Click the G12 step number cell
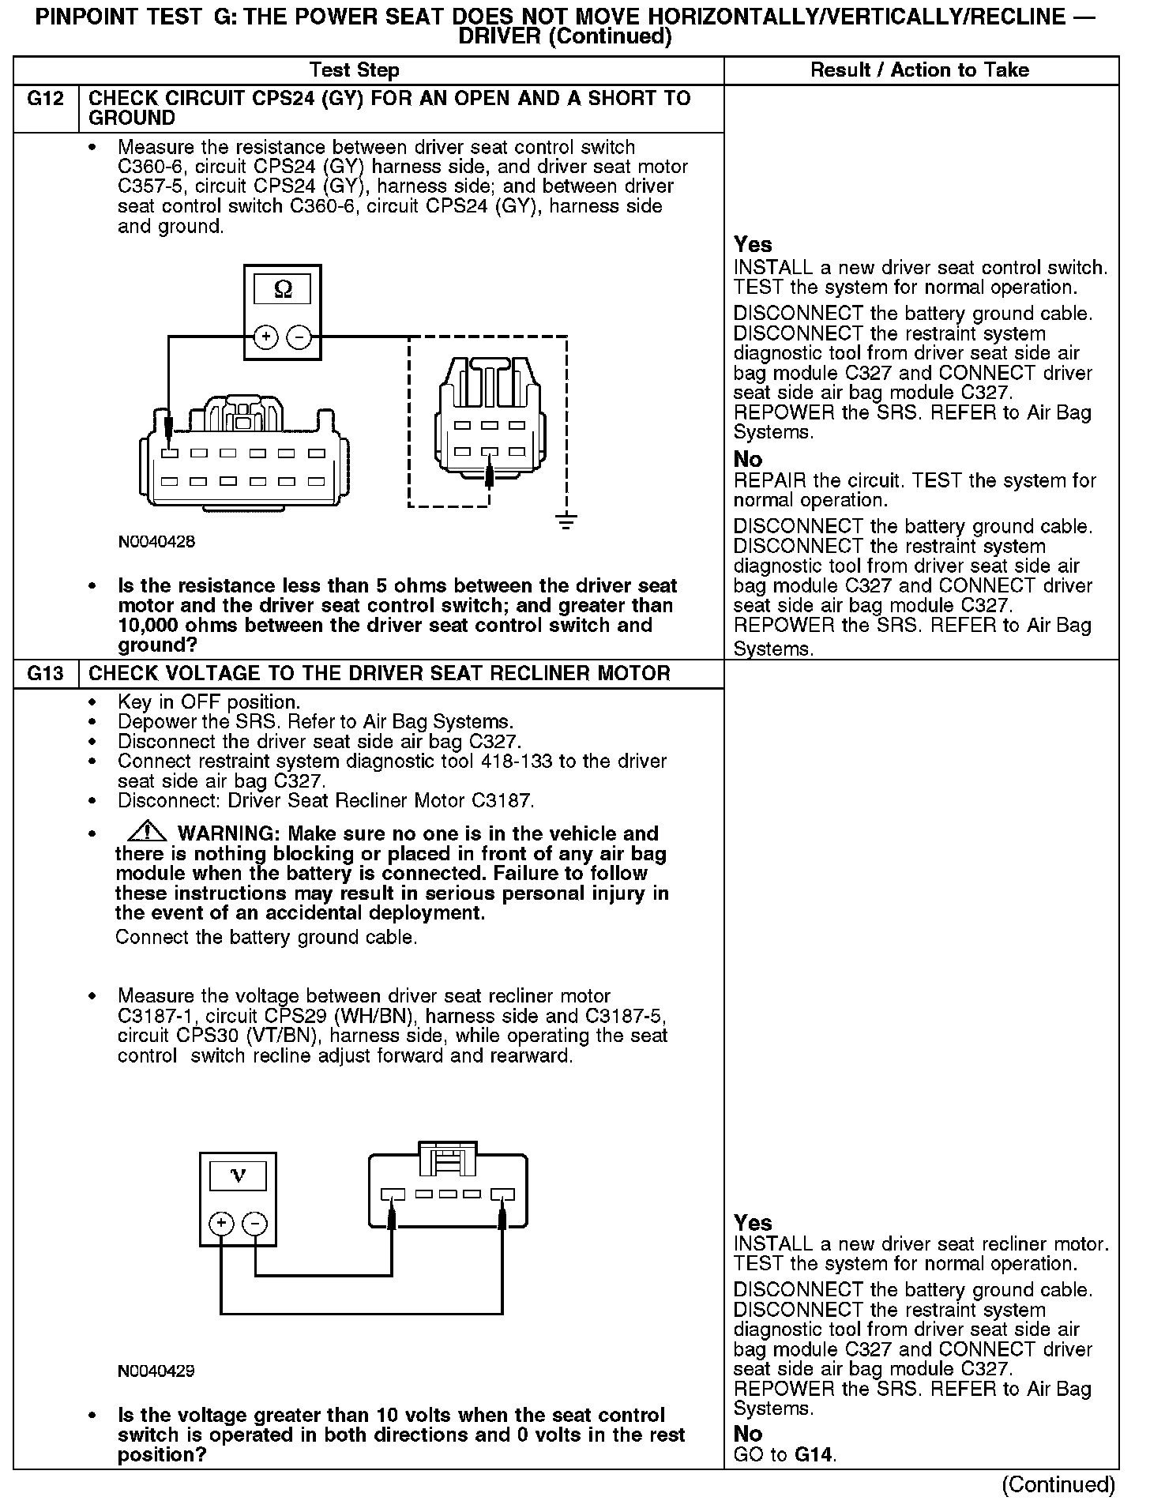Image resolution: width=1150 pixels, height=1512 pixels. tap(46, 100)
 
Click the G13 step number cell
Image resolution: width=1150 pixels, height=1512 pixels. tap(46, 674)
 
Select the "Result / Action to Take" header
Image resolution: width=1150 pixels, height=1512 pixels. tap(920, 70)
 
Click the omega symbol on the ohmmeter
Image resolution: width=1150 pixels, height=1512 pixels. tap(283, 291)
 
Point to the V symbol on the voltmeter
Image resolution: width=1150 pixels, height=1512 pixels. tap(238, 1177)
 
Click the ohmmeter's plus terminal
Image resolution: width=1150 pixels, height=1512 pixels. tap(266, 337)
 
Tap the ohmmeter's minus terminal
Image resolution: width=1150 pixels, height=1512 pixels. tap(299, 337)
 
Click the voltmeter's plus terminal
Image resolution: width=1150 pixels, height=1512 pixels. tap(221, 1224)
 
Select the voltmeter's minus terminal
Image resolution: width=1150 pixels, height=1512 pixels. tap(254, 1224)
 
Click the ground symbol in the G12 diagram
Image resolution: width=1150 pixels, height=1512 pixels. tap(566, 521)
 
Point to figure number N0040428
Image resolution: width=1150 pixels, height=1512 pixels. tap(156, 542)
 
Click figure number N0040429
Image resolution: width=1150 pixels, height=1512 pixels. tap(156, 1371)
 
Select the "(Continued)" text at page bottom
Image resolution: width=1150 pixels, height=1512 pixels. tap(1058, 1484)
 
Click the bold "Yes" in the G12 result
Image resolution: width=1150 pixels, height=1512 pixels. tap(753, 245)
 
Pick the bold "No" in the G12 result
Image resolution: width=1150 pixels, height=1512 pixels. tap(748, 459)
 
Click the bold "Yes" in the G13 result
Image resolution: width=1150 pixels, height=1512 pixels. tap(753, 1223)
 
